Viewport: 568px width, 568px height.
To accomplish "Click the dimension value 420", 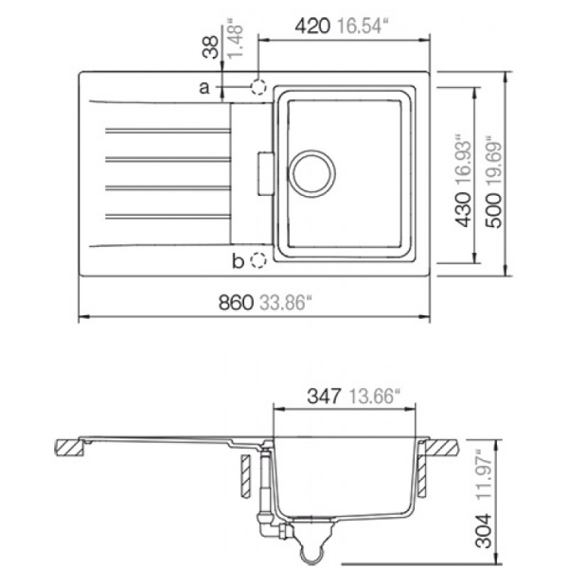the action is coord(312,27).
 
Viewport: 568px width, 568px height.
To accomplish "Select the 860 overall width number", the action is coord(236,302).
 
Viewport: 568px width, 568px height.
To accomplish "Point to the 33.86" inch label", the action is coord(286,302).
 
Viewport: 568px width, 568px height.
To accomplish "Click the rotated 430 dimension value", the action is coord(464,210).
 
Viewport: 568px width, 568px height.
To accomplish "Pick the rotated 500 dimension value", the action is coord(494,210).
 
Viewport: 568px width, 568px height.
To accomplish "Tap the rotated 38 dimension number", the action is coord(211,47).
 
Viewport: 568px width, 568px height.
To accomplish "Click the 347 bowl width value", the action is coord(324,396).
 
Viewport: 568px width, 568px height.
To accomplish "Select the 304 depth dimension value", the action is coord(484,530).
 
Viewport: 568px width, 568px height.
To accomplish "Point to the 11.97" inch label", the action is coord(484,474).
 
